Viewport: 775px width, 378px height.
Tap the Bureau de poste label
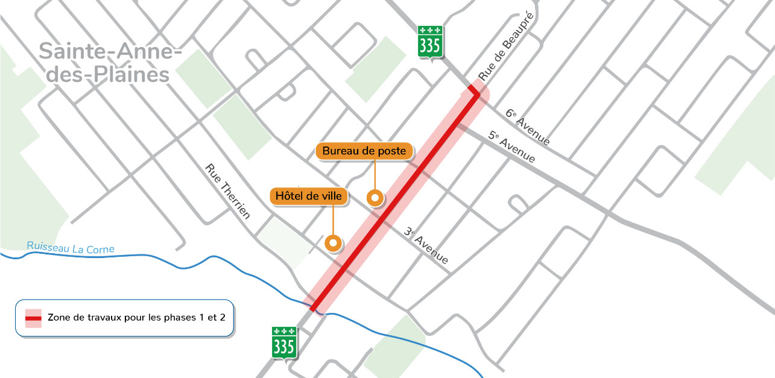tap(364, 151)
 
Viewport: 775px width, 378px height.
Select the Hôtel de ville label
tap(309, 196)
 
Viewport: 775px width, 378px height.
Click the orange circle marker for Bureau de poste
tap(376, 197)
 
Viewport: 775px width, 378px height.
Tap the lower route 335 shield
tap(284, 342)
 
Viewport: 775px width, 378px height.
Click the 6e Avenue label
tap(528, 127)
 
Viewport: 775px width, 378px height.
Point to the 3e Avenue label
tap(426, 245)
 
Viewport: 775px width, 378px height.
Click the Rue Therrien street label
tap(228, 192)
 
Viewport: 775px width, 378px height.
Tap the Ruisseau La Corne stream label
tap(71, 247)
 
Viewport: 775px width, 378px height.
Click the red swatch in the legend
tap(33, 317)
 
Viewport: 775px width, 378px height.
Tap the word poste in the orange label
tap(392, 151)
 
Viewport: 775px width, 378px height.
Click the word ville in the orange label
tap(331, 196)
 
